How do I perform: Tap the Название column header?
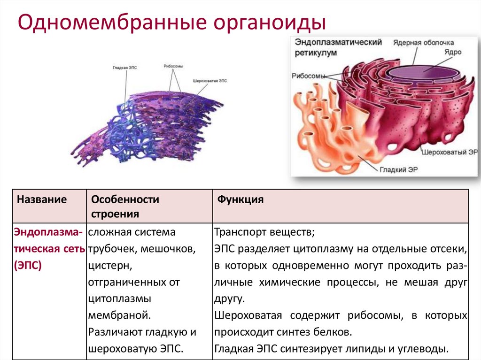42,199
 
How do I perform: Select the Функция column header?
240,199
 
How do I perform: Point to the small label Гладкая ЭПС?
124,68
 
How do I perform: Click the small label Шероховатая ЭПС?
209,81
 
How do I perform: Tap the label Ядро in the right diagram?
452,52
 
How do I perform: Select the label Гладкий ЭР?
399,169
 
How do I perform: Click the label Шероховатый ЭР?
450,153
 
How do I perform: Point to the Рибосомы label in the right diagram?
308,76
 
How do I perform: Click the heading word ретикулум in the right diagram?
316,53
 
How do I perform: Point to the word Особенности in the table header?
125,199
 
